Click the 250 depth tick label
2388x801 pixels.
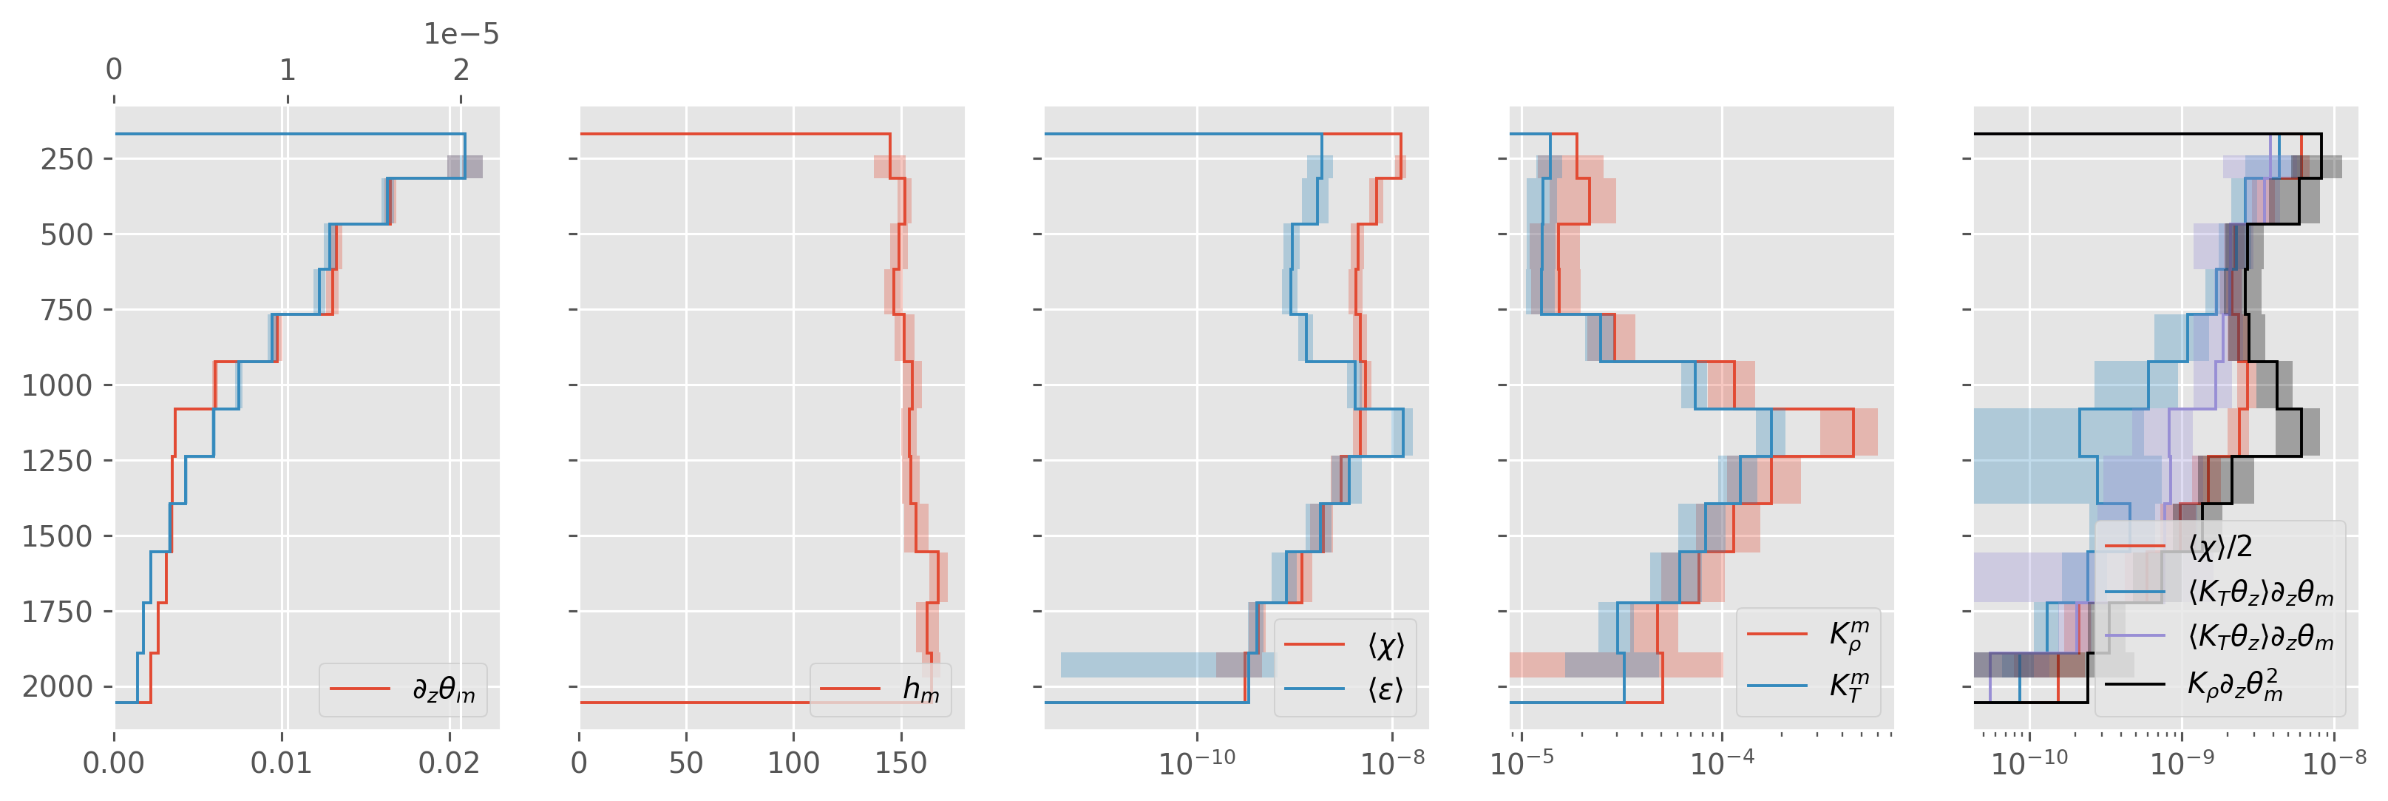point(67,160)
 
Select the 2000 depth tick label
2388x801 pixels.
point(58,687)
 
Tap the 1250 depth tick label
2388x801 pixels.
point(58,461)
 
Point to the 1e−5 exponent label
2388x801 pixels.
point(461,34)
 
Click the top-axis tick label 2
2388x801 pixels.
point(461,70)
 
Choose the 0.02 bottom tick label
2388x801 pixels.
point(450,763)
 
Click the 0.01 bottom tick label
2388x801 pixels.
point(282,763)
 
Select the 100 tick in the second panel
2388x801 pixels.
point(793,763)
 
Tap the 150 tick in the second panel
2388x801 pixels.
point(901,763)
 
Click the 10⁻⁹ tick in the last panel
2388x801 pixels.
point(2181,763)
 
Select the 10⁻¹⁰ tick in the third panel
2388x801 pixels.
point(1197,763)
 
